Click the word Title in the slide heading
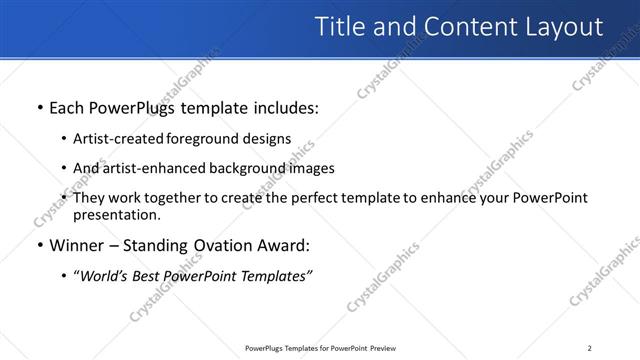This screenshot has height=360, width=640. tap(340, 27)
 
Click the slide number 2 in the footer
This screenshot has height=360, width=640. tap(590, 348)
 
